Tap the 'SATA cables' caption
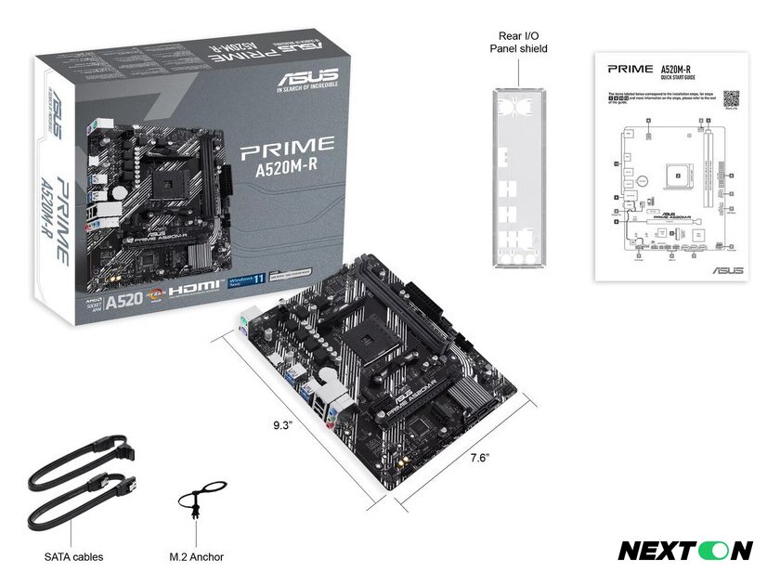[x=73, y=557]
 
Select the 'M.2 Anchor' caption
[x=196, y=557]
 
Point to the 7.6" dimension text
[x=479, y=458]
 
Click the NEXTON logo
[x=685, y=551]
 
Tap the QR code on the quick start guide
[x=731, y=98]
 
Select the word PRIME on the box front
[x=287, y=145]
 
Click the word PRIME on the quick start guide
[x=630, y=70]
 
